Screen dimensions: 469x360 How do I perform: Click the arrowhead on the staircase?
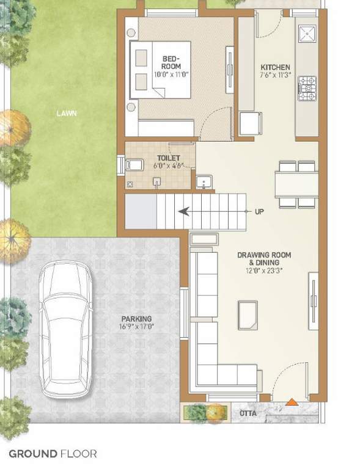tap(183, 212)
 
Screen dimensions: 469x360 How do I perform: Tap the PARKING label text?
tap(136, 319)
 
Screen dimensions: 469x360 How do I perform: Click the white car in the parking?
tap(65, 329)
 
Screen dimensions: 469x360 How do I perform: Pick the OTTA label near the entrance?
tap(248, 414)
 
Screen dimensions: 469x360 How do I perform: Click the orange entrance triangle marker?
tap(292, 402)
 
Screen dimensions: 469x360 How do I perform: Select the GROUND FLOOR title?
tap(53, 454)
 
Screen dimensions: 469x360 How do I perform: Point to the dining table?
tap(296, 184)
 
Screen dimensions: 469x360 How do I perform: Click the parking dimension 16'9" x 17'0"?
tap(137, 327)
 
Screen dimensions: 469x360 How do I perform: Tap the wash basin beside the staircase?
tap(204, 182)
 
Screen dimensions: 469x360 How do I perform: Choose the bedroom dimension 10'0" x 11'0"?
tap(171, 74)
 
